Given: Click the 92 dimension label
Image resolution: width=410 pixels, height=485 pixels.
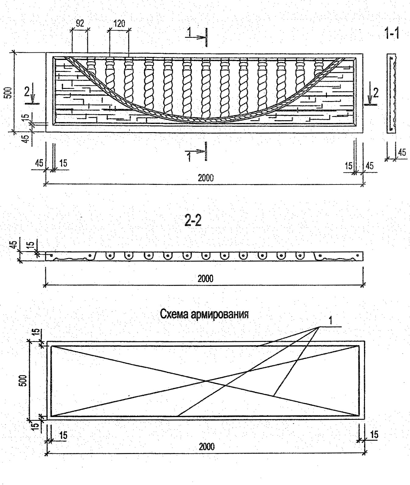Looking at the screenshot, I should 80,23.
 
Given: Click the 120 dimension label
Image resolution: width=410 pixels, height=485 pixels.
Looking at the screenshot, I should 119,23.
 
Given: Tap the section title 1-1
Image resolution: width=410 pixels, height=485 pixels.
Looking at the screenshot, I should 392,33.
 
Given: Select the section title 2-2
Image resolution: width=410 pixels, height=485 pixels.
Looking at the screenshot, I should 193,221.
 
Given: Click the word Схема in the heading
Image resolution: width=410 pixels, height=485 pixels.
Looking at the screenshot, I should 174,314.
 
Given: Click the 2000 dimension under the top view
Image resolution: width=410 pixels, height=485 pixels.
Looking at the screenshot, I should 206,178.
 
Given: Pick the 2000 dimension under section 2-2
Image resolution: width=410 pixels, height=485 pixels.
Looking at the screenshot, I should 205,279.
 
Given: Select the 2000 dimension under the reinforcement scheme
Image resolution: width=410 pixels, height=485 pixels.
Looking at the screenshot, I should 207,447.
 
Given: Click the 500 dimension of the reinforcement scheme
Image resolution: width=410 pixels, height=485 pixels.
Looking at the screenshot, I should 24,380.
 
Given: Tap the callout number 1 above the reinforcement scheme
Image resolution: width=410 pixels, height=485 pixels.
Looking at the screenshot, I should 331,321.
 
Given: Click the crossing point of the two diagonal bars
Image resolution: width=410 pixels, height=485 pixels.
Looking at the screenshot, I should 206,381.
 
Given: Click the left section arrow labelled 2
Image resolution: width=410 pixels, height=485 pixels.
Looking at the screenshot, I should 30,96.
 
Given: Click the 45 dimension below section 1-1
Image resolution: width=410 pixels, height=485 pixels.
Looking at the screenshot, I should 402,152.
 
